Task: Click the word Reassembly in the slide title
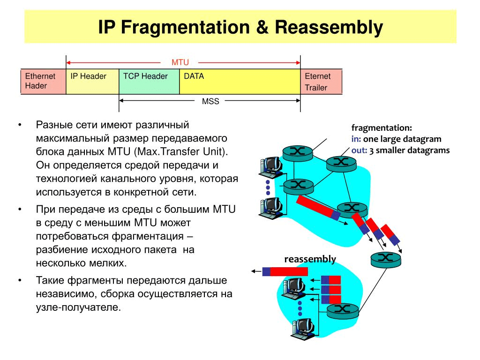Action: (329, 27)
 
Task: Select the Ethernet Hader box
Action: (43, 82)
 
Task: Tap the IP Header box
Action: (92, 82)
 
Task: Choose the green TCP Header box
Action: (149, 82)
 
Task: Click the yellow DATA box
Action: (240, 82)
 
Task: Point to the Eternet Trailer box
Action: (321, 82)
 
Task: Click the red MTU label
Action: (180, 62)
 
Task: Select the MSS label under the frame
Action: (210, 101)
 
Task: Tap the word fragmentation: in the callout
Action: (382, 127)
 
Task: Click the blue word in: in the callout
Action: (356, 139)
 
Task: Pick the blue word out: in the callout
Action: (359, 150)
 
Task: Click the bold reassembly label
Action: (310, 259)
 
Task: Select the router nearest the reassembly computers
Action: (342, 309)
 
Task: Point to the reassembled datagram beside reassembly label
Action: (285, 271)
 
